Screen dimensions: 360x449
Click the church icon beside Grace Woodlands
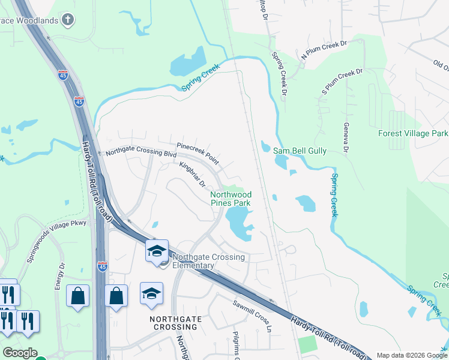coord(68,20)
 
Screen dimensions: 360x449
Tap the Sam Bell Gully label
coord(300,151)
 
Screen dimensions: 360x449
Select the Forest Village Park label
coord(413,133)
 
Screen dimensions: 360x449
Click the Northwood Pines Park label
coord(231,199)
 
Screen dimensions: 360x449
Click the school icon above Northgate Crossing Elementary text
coord(157,251)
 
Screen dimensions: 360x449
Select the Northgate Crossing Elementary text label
coord(208,262)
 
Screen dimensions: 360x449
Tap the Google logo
coord(20,353)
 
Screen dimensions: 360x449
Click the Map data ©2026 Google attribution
coord(411,355)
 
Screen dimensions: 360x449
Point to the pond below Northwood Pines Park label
coord(240,225)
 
